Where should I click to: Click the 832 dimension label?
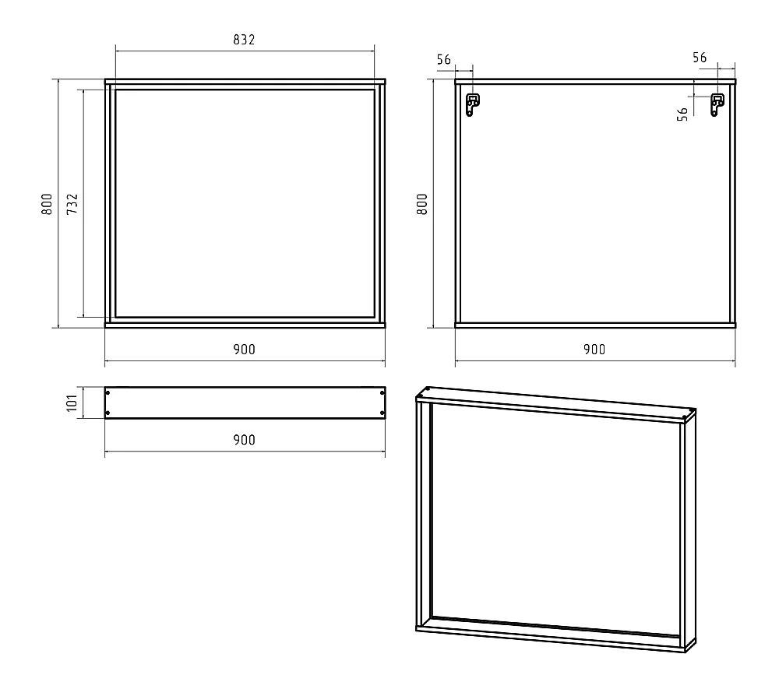[244, 40]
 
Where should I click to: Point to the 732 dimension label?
[72, 203]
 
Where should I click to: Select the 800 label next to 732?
[47, 203]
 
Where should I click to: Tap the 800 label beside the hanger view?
[421, 203]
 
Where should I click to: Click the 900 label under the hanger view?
[594, 350]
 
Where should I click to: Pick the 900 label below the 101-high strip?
[244, 440]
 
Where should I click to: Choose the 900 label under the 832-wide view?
[244, 350]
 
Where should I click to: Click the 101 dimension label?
[72, 403]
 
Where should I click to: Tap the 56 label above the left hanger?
[444, 60]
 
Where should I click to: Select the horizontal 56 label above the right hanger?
[700, 58]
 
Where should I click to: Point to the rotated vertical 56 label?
[682, 114]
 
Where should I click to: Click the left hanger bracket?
[472, 104]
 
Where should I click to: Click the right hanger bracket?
[717, 104]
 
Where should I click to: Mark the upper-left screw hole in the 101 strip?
[108, 393]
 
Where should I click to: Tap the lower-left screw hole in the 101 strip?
[108, 413]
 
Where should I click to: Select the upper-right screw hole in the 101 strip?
[382, 393]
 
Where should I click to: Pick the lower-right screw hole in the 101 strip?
[382, 413]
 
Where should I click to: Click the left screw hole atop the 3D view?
[426, 390]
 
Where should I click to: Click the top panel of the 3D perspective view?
[556, 403]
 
